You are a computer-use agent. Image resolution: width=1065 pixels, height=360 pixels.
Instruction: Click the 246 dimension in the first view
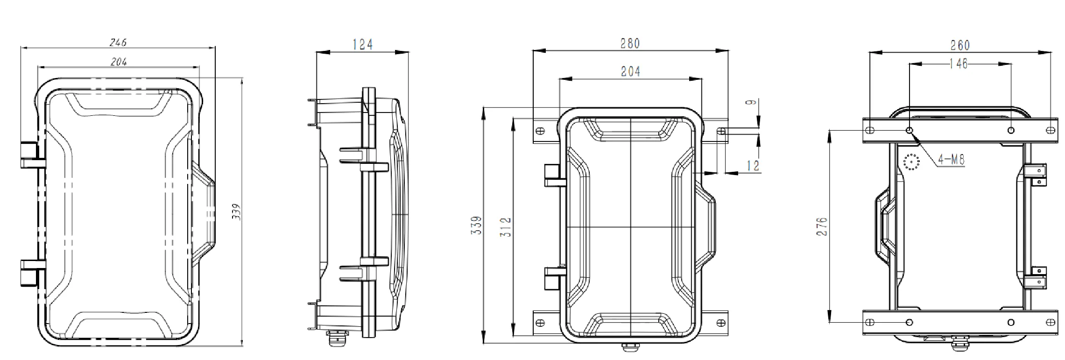[x=118, y=42]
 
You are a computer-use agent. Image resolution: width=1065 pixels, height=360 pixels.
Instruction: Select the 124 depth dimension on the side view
[x=363, y=44]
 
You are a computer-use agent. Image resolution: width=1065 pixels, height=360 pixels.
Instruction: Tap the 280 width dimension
[x=630, y=43]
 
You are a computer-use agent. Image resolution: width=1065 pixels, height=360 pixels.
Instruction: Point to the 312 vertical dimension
[x=506, y=227]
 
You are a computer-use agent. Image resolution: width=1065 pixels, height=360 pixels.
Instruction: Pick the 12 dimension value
[x=753, y=165]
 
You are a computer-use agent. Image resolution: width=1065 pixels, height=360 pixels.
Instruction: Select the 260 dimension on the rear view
[x=960, y=45]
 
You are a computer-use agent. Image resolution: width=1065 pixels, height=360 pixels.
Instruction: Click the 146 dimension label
[x=959, y=64]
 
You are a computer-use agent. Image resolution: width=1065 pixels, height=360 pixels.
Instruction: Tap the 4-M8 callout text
[x=951, y=160]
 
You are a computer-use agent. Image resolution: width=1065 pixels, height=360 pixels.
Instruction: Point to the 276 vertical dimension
[x=822, y=226]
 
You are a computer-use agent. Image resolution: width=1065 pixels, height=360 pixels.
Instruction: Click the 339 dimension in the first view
[x=236, y=212]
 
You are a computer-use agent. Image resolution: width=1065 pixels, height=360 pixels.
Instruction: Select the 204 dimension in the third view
[x=630, y=71]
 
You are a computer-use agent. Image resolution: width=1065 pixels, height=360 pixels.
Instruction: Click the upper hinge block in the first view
[x=30, y=155]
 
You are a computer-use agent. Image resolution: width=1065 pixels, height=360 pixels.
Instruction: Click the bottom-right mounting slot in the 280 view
[x=720, y=322]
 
